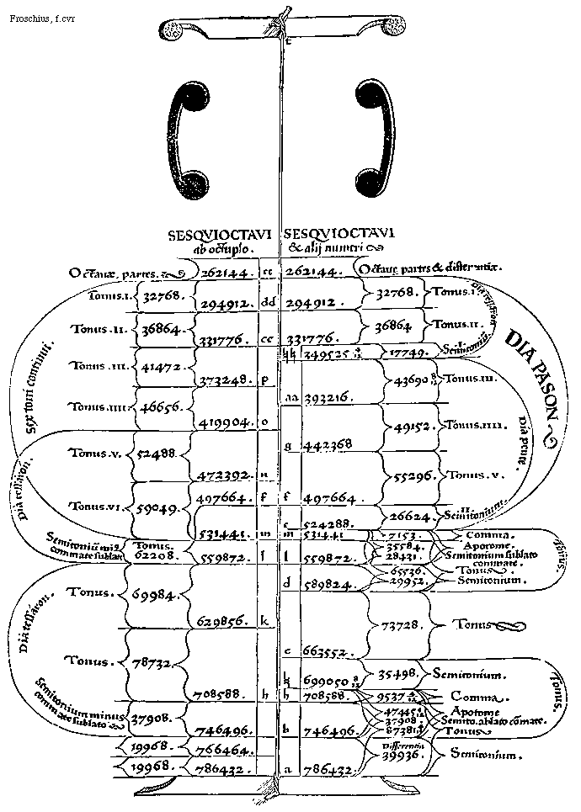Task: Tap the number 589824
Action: click(x=324, y=581)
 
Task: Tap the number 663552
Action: click(x=324, y=652)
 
